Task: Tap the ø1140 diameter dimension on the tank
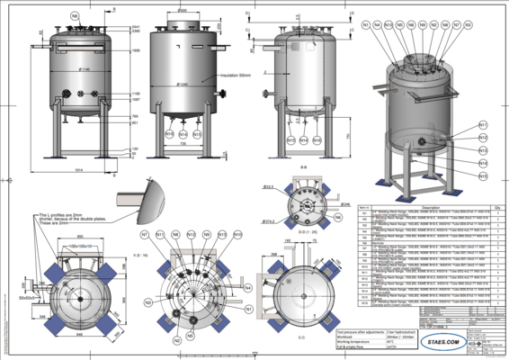84,69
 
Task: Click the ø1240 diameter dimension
183,85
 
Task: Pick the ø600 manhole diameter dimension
183,12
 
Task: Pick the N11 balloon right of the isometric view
482,124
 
